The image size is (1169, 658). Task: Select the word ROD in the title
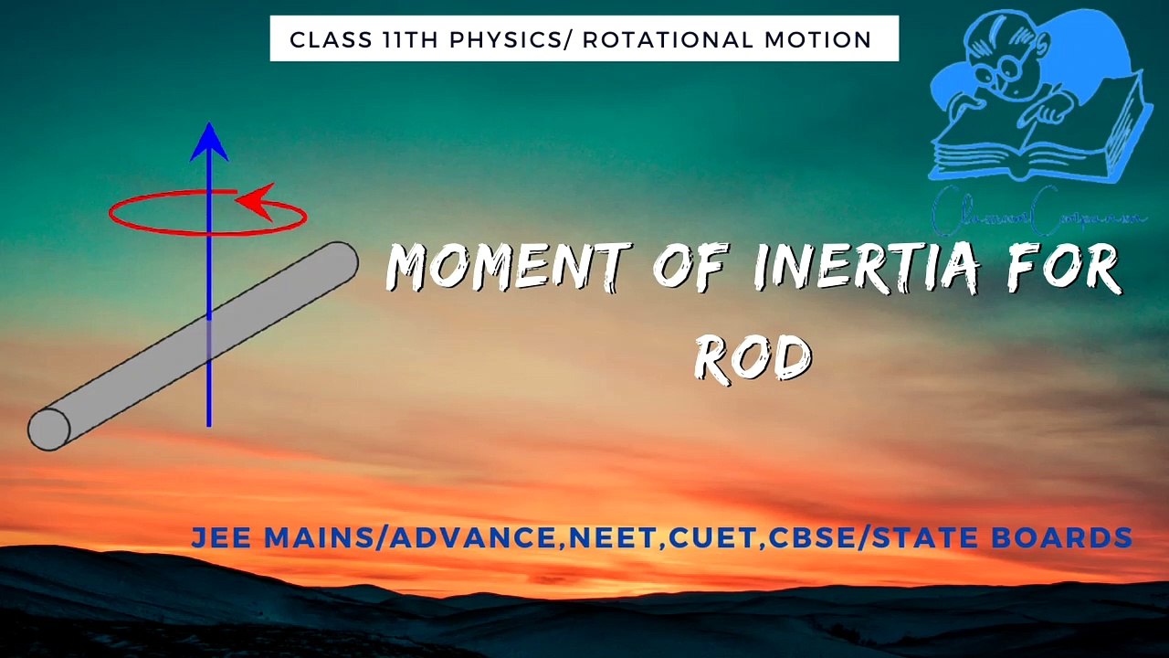tap(753, 356)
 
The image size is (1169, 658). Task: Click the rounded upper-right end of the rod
tap(340, 262)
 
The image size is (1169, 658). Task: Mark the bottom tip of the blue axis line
tap(209, 424)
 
